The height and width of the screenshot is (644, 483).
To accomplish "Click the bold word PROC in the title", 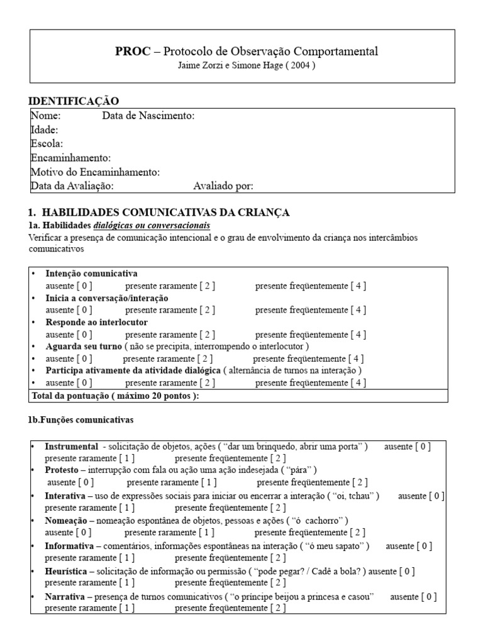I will coord(133,52).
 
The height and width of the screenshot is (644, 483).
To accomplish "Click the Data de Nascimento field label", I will coord(148,116).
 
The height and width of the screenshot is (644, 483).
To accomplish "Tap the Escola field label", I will coord(47,143).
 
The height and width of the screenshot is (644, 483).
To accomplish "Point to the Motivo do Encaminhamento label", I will coord(95,172).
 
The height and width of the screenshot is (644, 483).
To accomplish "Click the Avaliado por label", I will coord(223,186).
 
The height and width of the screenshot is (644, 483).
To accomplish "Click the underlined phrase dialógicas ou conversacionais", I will coord(152,225).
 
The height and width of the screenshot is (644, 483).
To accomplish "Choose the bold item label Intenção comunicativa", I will coord(92,274).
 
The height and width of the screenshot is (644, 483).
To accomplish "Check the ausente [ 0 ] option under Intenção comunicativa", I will coord(69,286).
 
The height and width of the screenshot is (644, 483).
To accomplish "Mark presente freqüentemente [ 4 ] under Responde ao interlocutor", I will coord(311,334).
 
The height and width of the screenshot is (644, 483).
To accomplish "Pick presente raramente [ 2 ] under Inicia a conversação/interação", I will coord(170,310).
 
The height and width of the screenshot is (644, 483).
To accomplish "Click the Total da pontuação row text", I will coord(115,396).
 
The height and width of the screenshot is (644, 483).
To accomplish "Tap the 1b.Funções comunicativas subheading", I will coord(80,418).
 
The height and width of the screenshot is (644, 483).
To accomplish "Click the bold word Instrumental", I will coord(71,446).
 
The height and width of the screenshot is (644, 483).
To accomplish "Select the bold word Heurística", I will coord(66,571).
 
